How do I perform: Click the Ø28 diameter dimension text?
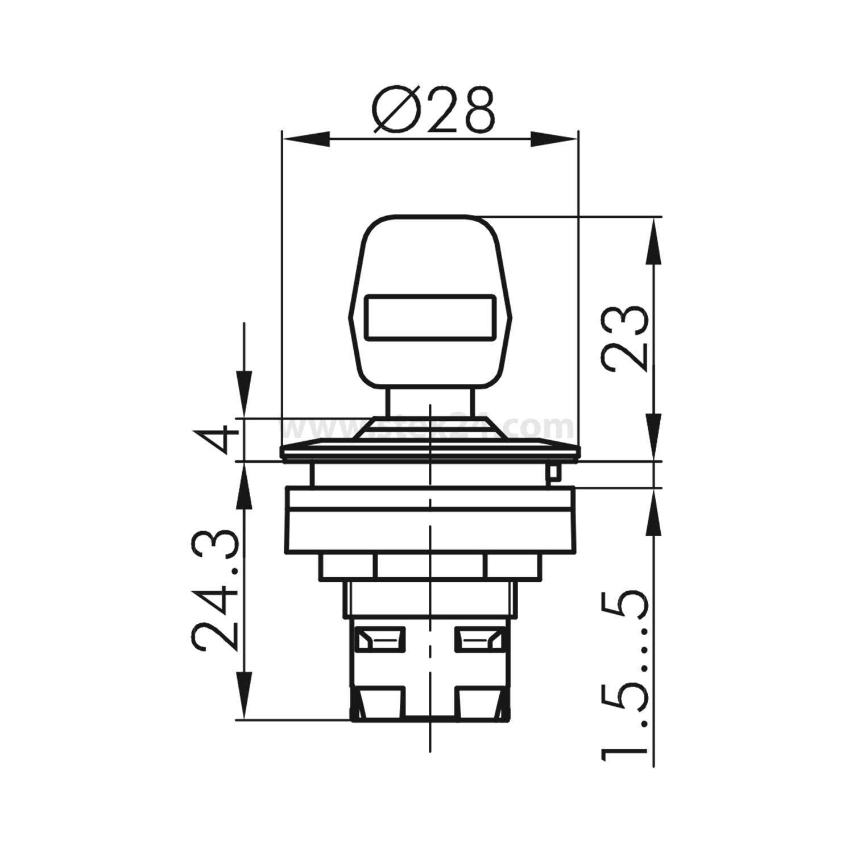(x=433, y=110)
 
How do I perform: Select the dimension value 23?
(x=624, y=339)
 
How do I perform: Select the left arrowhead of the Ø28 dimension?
(x=307, y=140)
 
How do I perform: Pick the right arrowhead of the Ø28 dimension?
(x=554, y=140)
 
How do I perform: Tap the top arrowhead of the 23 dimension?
(x=654, y=242)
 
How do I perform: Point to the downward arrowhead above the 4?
(x=244, y=395)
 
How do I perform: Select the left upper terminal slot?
(x=379, y=640)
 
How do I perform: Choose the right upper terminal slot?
(x=478, y=640)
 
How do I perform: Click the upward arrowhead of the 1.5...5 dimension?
(x=654, y=512)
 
